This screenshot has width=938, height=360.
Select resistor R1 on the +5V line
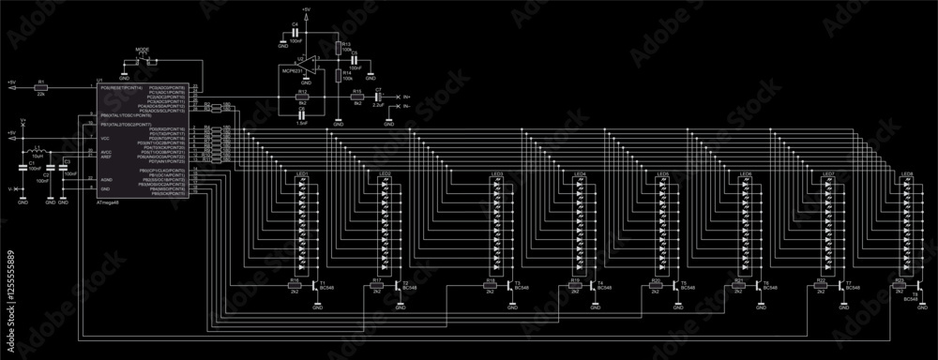pyautogui.click(x=40, y=86)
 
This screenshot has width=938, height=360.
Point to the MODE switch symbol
pyautogui.click(x=143, y=59)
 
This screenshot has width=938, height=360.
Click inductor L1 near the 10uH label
pyautogui.click(x=38, y=150)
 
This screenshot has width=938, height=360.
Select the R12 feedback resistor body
pyautogui.click(x=302, y=97)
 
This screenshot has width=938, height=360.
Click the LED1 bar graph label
pyautogui.click(x=302, y=174)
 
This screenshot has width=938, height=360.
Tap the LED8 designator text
pyautogui.click(x=906, y=174)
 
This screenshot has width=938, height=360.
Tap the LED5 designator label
pyautogui.click(x=662, y=174)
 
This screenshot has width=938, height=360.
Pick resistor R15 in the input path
pyautogui.click(x=357, y=97)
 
